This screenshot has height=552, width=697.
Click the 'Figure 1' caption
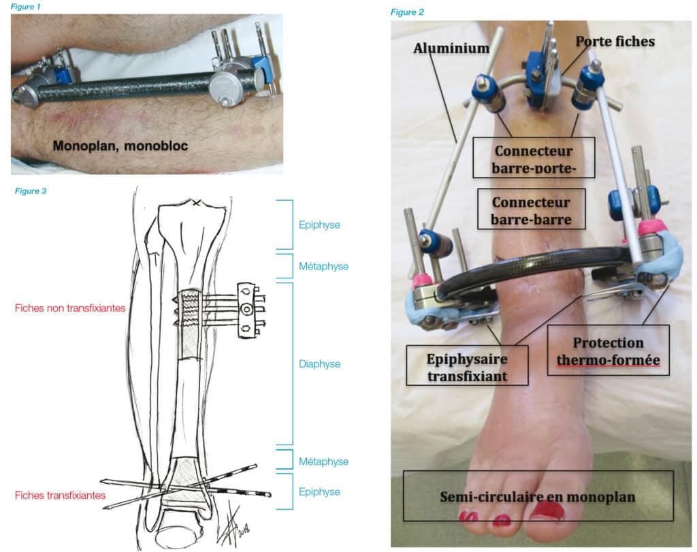[x=25, y=6]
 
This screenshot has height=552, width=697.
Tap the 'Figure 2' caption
[x=407, y=12]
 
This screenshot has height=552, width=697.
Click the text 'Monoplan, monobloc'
[x=123, y=144]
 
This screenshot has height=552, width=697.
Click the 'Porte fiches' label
[x=615, y=42]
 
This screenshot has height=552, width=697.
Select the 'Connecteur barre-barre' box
[x=530, y=210]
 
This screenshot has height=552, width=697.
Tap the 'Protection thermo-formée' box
[x=609, y=351]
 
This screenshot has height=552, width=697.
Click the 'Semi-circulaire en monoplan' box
[x=538, y=496]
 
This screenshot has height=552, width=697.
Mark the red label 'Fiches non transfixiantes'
[x=70, y=308]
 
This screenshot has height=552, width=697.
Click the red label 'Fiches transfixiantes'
[x=60, y=496]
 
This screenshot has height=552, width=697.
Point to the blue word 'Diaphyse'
[x=319, y=364]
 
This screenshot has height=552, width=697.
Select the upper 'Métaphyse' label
[x=323, y=266]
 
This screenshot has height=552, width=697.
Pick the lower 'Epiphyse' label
[x=319, y=491]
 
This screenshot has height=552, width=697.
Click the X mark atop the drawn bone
[x=197, y=203]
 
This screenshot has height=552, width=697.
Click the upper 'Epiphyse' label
[x=319, y=224]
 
